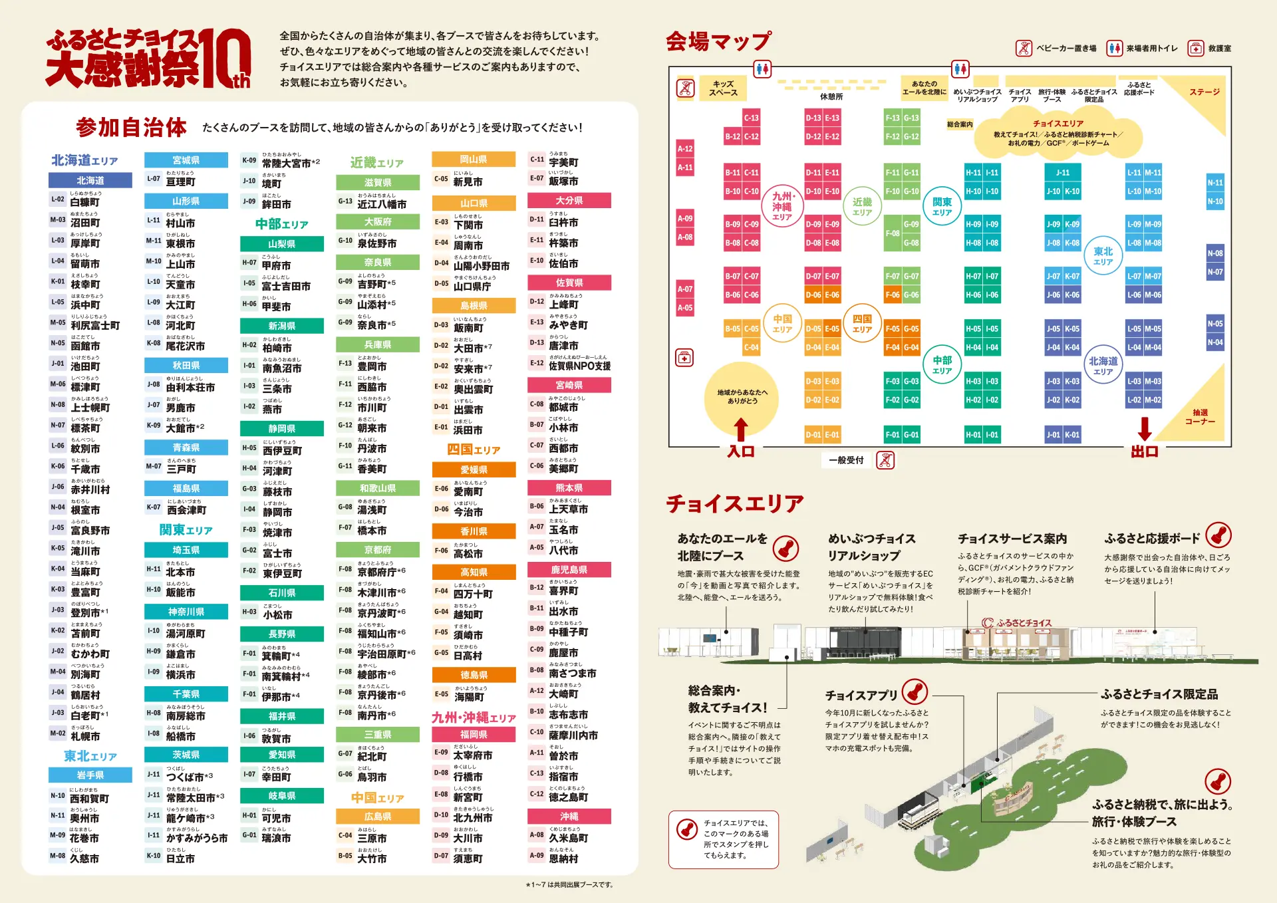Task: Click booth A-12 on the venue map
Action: (x=685, y=149)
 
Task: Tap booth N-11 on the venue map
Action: (x=1215, y=183)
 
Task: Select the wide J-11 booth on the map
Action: (x=1063, y=173)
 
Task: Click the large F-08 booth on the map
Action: (x=893, y=233)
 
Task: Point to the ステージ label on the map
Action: (x=1205, y=92)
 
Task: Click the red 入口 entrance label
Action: (x=740, y=451)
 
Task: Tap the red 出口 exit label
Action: (x=1145, y=451)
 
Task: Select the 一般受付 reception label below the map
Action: (x=846, y=460)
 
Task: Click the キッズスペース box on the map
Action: (x=723, y=88)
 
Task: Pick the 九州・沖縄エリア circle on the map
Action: (x=782, y=206)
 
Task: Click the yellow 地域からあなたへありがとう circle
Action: (x=742, y=397)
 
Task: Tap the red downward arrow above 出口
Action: (x=1145, y=428)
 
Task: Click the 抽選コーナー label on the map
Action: (x=1200, y=417)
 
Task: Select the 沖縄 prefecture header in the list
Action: (x=569, y=817)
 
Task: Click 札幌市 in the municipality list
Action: (x=85, y=737)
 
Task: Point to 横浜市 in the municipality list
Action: (x=180, y=675)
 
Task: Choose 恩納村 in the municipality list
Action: (x=563, y=859)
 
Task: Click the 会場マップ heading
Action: (x=718, y=41)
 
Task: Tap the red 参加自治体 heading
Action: (x=131, y=127)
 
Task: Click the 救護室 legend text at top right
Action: (x=1220, y=49)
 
